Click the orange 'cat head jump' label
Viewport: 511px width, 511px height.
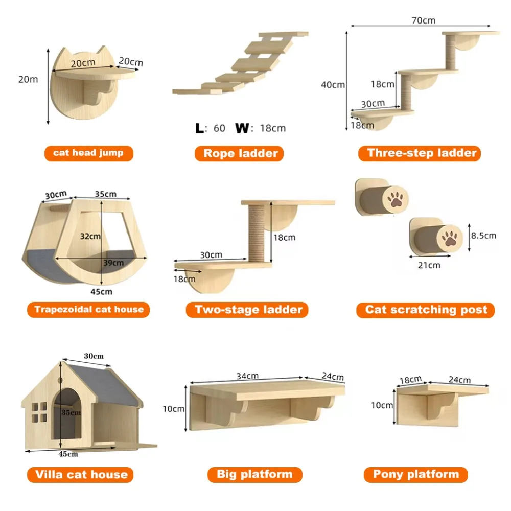click(x=88, y=153)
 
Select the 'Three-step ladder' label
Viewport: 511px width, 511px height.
click(x=422, y=153)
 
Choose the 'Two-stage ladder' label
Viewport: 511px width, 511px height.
click(x=248, y=309)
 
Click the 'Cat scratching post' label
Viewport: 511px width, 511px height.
click(x=426, y=310)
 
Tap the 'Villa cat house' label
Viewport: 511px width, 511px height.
click(x=81, y=474)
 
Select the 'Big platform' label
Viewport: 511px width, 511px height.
click(x=254, y=474)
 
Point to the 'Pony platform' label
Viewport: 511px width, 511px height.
click(x=415, y=474)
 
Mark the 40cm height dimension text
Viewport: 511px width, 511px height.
click(x=333, y=84)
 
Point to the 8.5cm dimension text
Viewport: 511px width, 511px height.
click(x=483, y=236)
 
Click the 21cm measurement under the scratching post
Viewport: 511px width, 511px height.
click(x=429, y=265)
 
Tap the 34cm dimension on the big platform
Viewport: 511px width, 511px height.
click(x=247, y=376)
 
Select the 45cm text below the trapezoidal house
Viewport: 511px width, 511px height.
click(x=102, y=292)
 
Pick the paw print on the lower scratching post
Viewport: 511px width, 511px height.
click(x=450, y=239)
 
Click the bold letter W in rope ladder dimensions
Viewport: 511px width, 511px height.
click(x=242, y=128)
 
